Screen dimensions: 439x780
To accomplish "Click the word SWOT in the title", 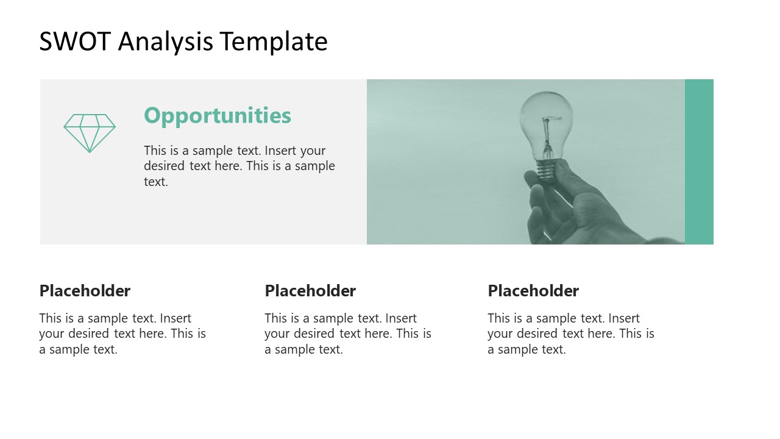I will (75, 41).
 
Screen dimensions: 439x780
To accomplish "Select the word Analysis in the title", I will (166, 41).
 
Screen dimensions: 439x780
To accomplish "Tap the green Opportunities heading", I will (218, 115).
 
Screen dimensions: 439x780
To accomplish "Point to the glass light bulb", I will (546, 122).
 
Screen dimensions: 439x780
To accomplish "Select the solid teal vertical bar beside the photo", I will (699, 162).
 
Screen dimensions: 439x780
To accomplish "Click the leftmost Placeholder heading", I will (85, 291).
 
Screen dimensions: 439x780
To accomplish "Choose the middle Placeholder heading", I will (310, 291).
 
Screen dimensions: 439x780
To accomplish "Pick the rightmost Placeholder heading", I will (533, 291).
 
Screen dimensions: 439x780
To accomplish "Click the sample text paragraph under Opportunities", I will (239, 166).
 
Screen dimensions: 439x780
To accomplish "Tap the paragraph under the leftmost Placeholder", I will (122, 334).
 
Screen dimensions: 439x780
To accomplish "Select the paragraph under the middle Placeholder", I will (347, 334).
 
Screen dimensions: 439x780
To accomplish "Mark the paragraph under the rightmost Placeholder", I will (570, 334).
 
